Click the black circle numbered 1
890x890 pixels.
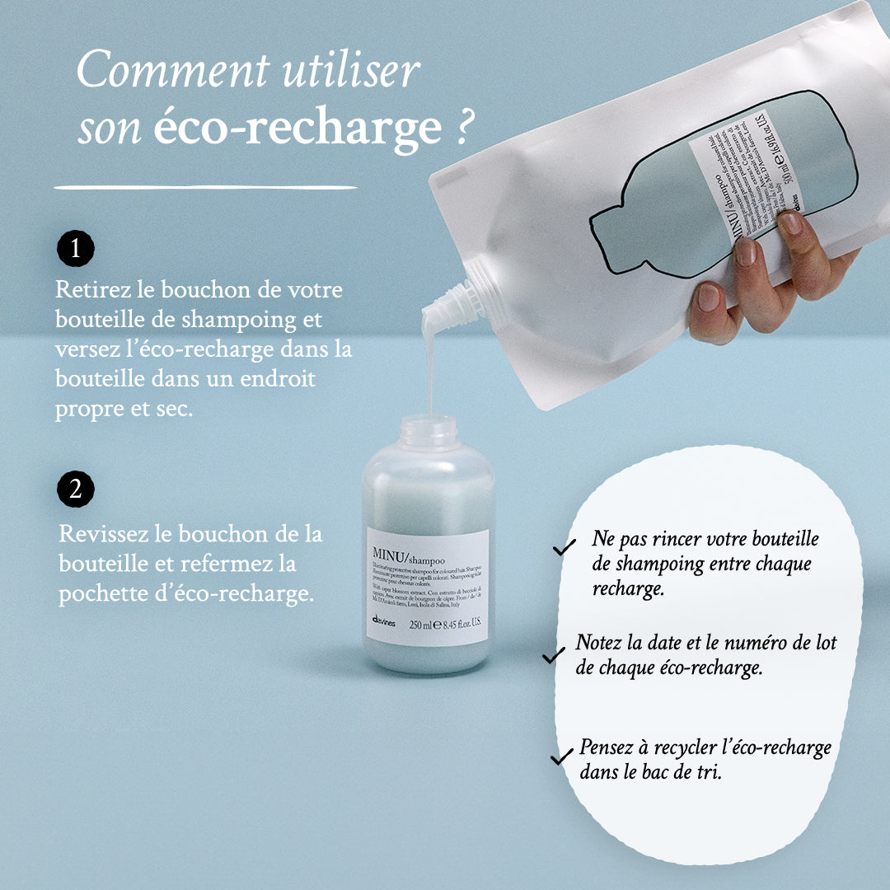coord(76,248)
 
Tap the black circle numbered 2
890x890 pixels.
coord(76,489)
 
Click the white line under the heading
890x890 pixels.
coord(205,188)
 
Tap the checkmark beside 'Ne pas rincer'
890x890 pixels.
coord(564,547)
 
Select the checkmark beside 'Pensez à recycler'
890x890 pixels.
coord(562,755)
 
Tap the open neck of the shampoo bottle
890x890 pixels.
coord(428,429)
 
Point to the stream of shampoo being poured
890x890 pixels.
coord(429,371)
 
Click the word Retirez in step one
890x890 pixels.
coord(88,290)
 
